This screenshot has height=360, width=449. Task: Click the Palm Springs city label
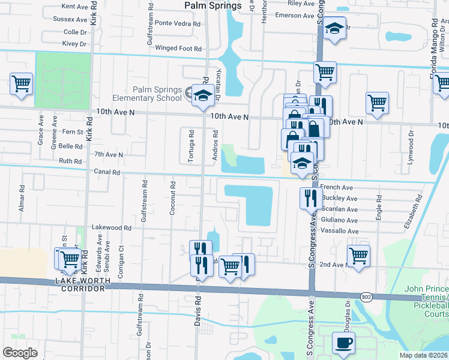pos(212,6)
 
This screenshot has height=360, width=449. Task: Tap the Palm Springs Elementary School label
pos(157,94)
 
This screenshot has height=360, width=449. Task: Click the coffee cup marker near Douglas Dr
pos(344,344)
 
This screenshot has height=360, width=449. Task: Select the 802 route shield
pos(366,297)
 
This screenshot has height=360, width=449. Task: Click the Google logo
pos(20,353)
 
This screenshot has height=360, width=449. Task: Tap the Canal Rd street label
pos(107,172)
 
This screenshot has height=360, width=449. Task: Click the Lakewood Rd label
pos(111,228)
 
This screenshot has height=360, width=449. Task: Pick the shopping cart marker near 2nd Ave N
pos(358,256)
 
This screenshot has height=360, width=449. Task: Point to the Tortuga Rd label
pos(191,146)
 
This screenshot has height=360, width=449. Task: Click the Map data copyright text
pos(424,355)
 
